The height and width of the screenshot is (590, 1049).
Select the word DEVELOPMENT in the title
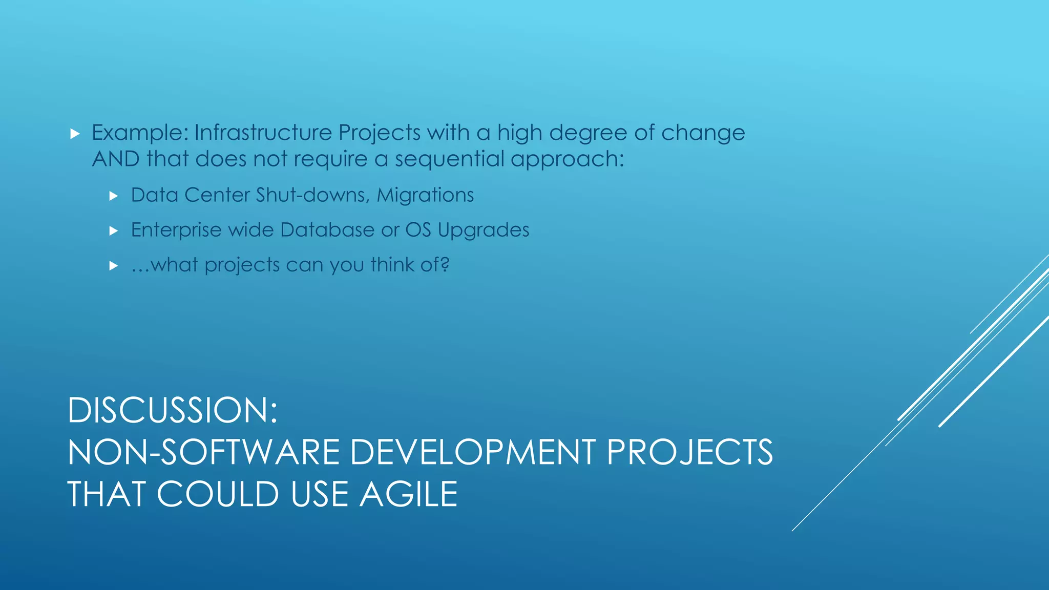coord(473,453)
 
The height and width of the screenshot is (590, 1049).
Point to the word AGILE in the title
coord(408,495)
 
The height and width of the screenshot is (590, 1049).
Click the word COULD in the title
coord(218,495)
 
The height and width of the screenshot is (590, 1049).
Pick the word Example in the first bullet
coord(140,133)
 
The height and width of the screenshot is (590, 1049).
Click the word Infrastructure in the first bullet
coord(263,133)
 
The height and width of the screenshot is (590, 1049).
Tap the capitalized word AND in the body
coord(116,159)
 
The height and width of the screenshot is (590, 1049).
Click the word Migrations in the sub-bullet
coord(425,195)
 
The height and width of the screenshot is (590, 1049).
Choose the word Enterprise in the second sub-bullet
coord(176,230)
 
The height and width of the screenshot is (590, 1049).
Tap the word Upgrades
coord(484,230)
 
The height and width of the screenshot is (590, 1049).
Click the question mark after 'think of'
coord(445,265)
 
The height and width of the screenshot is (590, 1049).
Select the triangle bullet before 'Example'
coord(75,134)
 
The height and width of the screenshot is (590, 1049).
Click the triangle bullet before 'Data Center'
coord(114,196)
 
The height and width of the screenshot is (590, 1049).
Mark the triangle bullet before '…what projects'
coord(114,265)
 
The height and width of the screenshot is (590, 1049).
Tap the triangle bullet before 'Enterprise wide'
coord(114,230)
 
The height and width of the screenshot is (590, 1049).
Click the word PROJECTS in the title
coord(689,453)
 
